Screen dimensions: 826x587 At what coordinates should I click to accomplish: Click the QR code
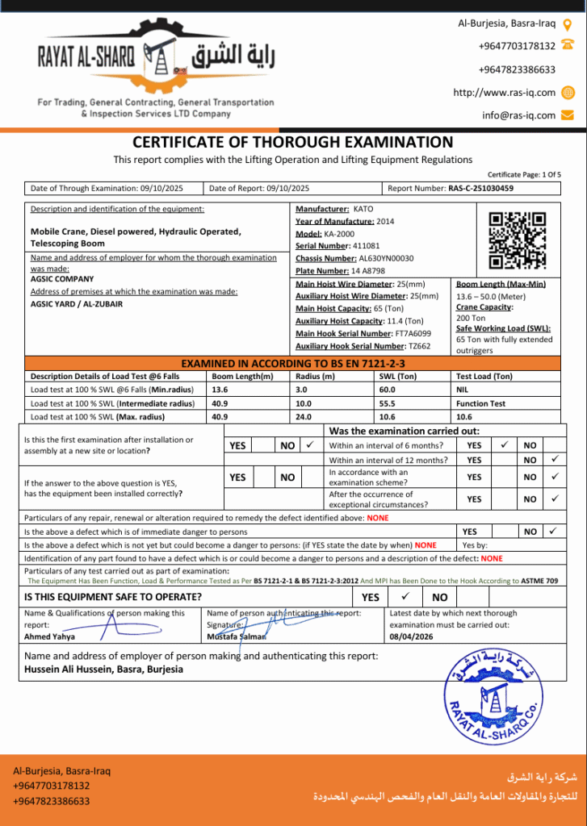pos(518,240)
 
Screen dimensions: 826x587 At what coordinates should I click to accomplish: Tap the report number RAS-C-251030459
pos(480,188)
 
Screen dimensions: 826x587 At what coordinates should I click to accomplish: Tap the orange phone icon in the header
pos(568,45)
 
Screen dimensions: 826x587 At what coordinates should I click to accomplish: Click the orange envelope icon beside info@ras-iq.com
pos(568,115)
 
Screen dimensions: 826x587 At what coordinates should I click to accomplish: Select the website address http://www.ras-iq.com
pos(504,92)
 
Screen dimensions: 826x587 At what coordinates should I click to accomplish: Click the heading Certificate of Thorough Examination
pos(292,142)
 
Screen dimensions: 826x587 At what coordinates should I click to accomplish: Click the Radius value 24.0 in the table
pos(304,417)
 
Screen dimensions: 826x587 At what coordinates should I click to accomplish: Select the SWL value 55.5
pos(387,403)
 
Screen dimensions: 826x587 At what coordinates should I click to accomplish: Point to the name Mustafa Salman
pos(236,636)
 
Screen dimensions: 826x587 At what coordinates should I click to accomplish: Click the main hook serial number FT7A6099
pos(413,333)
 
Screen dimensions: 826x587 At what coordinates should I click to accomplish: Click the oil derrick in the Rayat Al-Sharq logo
pos(158,59)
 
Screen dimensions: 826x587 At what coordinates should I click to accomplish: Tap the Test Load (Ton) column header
pos(484,377)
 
